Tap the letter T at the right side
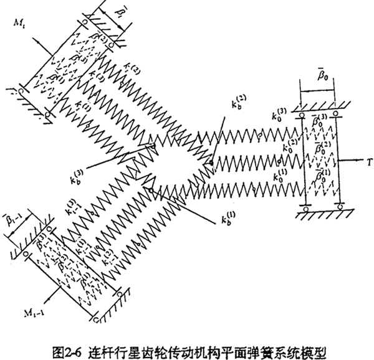pos(363,160)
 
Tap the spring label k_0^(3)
pos(278,116)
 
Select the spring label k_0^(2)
pos(289,148)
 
